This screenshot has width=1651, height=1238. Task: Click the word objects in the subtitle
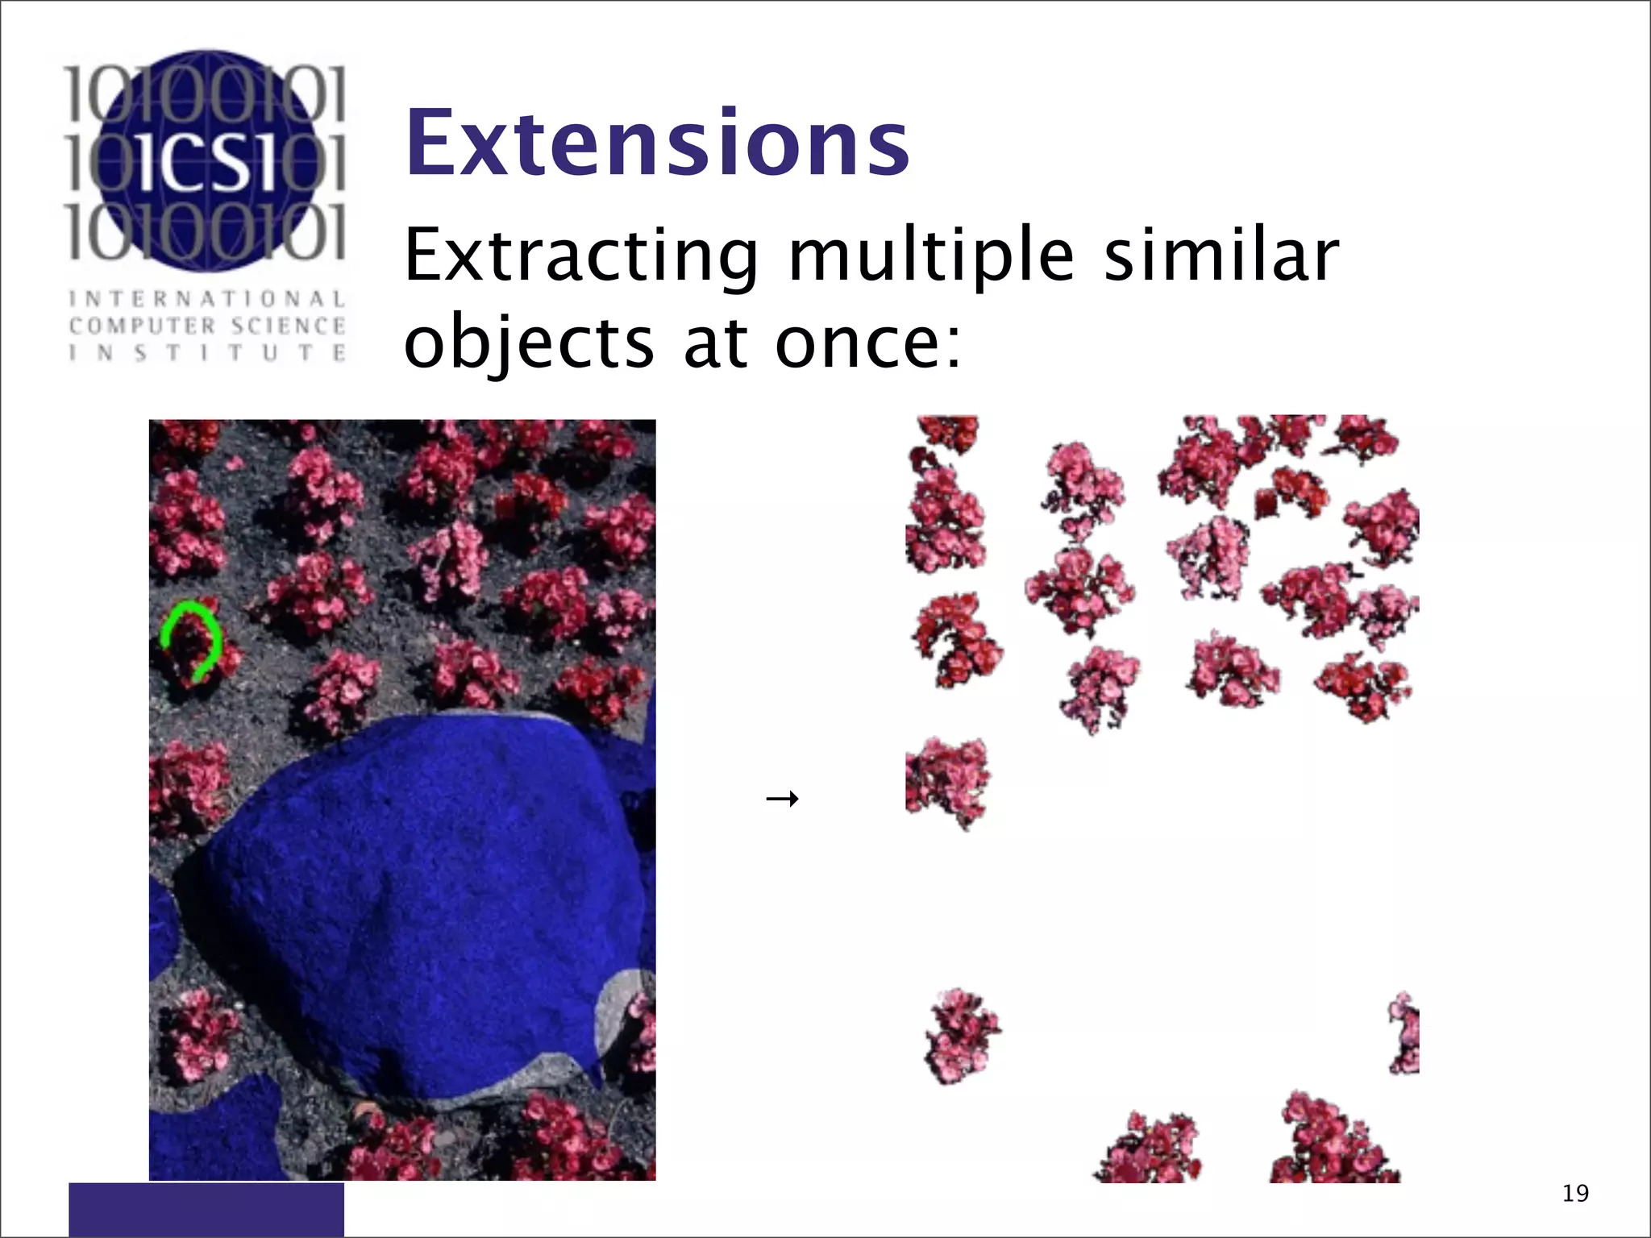pos(529,343)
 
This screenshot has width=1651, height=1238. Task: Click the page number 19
pos(1575,1193)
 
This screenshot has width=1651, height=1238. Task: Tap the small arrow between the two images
pos(782,799)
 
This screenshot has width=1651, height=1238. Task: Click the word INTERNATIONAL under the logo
pos(207,299)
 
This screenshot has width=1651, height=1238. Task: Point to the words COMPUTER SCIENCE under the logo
pos(207,326)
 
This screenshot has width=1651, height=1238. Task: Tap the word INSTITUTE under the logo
pos(207,353)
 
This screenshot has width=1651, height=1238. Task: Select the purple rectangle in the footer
pos(206,1209)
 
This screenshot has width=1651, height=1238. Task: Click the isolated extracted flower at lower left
pos(961,1036)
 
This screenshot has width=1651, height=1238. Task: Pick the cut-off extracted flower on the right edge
pos(1405,1033)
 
